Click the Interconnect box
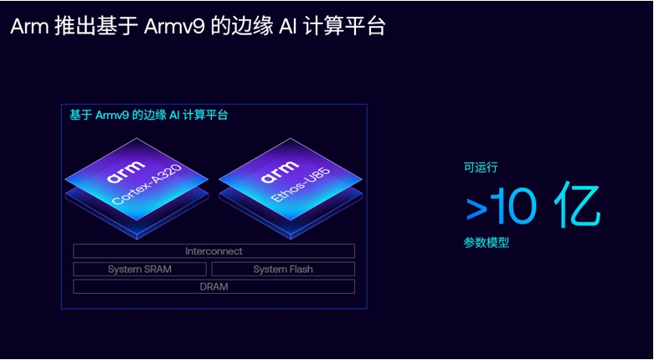214,251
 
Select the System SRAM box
139,270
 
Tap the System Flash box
283,270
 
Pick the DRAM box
214,287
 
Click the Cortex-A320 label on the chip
147,186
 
